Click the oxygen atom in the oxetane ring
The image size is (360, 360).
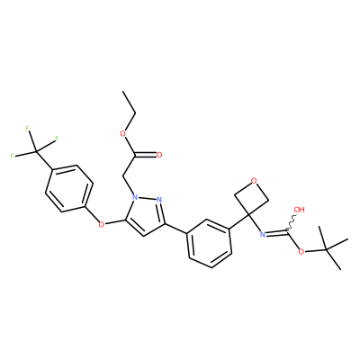(x=254, y=181)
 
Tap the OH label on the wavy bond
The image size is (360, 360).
(x=299, y=210)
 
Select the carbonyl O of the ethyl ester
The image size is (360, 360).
(x=159, y=155)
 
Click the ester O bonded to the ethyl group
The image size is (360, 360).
(x=122, y=133)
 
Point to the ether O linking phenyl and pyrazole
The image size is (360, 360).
(x=102, y=224)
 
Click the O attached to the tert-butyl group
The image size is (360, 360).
(x=301, y=251)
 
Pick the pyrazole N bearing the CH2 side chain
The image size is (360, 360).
(x=135, y=198)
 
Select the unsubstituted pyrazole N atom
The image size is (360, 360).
(x=159, y=200)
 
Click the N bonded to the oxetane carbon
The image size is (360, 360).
(x=263, y=234)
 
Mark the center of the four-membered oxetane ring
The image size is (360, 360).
(x=251, y=198)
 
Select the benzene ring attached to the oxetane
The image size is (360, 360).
(x=210, y=243)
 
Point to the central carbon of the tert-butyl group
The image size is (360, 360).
(x=327, y=248)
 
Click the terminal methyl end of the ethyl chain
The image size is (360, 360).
(x=122, y=91)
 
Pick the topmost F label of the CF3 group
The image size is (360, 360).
(x=27, y=129)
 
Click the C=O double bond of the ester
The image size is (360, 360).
(x=146, y=155)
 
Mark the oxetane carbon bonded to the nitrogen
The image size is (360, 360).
(x=248, y=215)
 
